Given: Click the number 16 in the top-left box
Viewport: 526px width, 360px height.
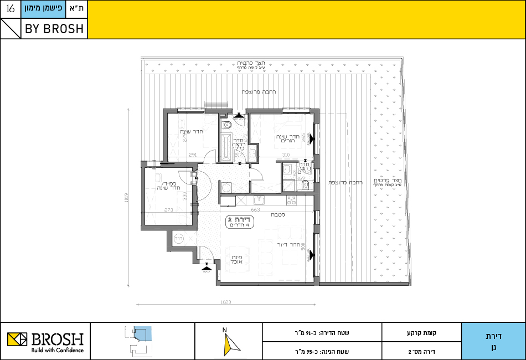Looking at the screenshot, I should [x=11, y=9].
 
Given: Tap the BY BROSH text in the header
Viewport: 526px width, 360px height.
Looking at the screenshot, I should [x=54, y=29].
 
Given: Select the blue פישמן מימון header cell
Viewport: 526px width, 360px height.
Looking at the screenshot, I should [x=44, y=9].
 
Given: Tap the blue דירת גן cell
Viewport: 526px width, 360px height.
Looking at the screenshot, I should [x=493, y=341].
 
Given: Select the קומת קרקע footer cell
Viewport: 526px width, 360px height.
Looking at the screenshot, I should [x=421, y=333].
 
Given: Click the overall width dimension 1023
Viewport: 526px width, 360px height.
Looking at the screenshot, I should [x=225, y=302].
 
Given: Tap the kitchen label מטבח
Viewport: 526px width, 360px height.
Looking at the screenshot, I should [x=277, y=215].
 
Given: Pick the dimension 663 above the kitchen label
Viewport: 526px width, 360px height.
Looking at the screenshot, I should [x=255, y=210].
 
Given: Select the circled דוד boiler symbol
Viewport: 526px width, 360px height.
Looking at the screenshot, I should [x=179, y=238].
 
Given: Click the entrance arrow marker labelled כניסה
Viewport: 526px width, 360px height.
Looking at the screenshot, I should [x=206, y=266].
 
